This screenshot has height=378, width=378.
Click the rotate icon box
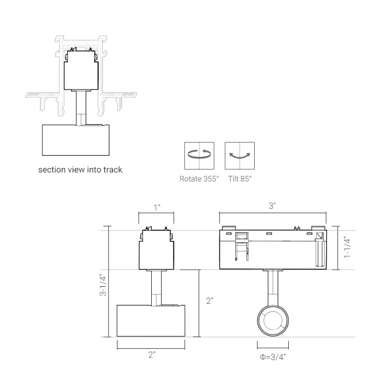click(x=199, y=156)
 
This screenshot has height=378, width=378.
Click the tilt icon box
click(x=240, y=156)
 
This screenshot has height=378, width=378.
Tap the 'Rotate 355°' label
click(x=199, y=179)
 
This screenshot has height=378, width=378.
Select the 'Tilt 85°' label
click(x=240, y=179)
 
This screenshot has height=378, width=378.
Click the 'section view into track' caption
click(x=80, y=170)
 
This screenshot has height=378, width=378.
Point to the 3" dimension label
click(x=273, y=206)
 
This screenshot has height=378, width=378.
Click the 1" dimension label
click(x=157, y=207)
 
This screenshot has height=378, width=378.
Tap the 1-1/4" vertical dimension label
click(x=347, y=248)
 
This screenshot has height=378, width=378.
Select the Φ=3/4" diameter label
click(x=273, y=357)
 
